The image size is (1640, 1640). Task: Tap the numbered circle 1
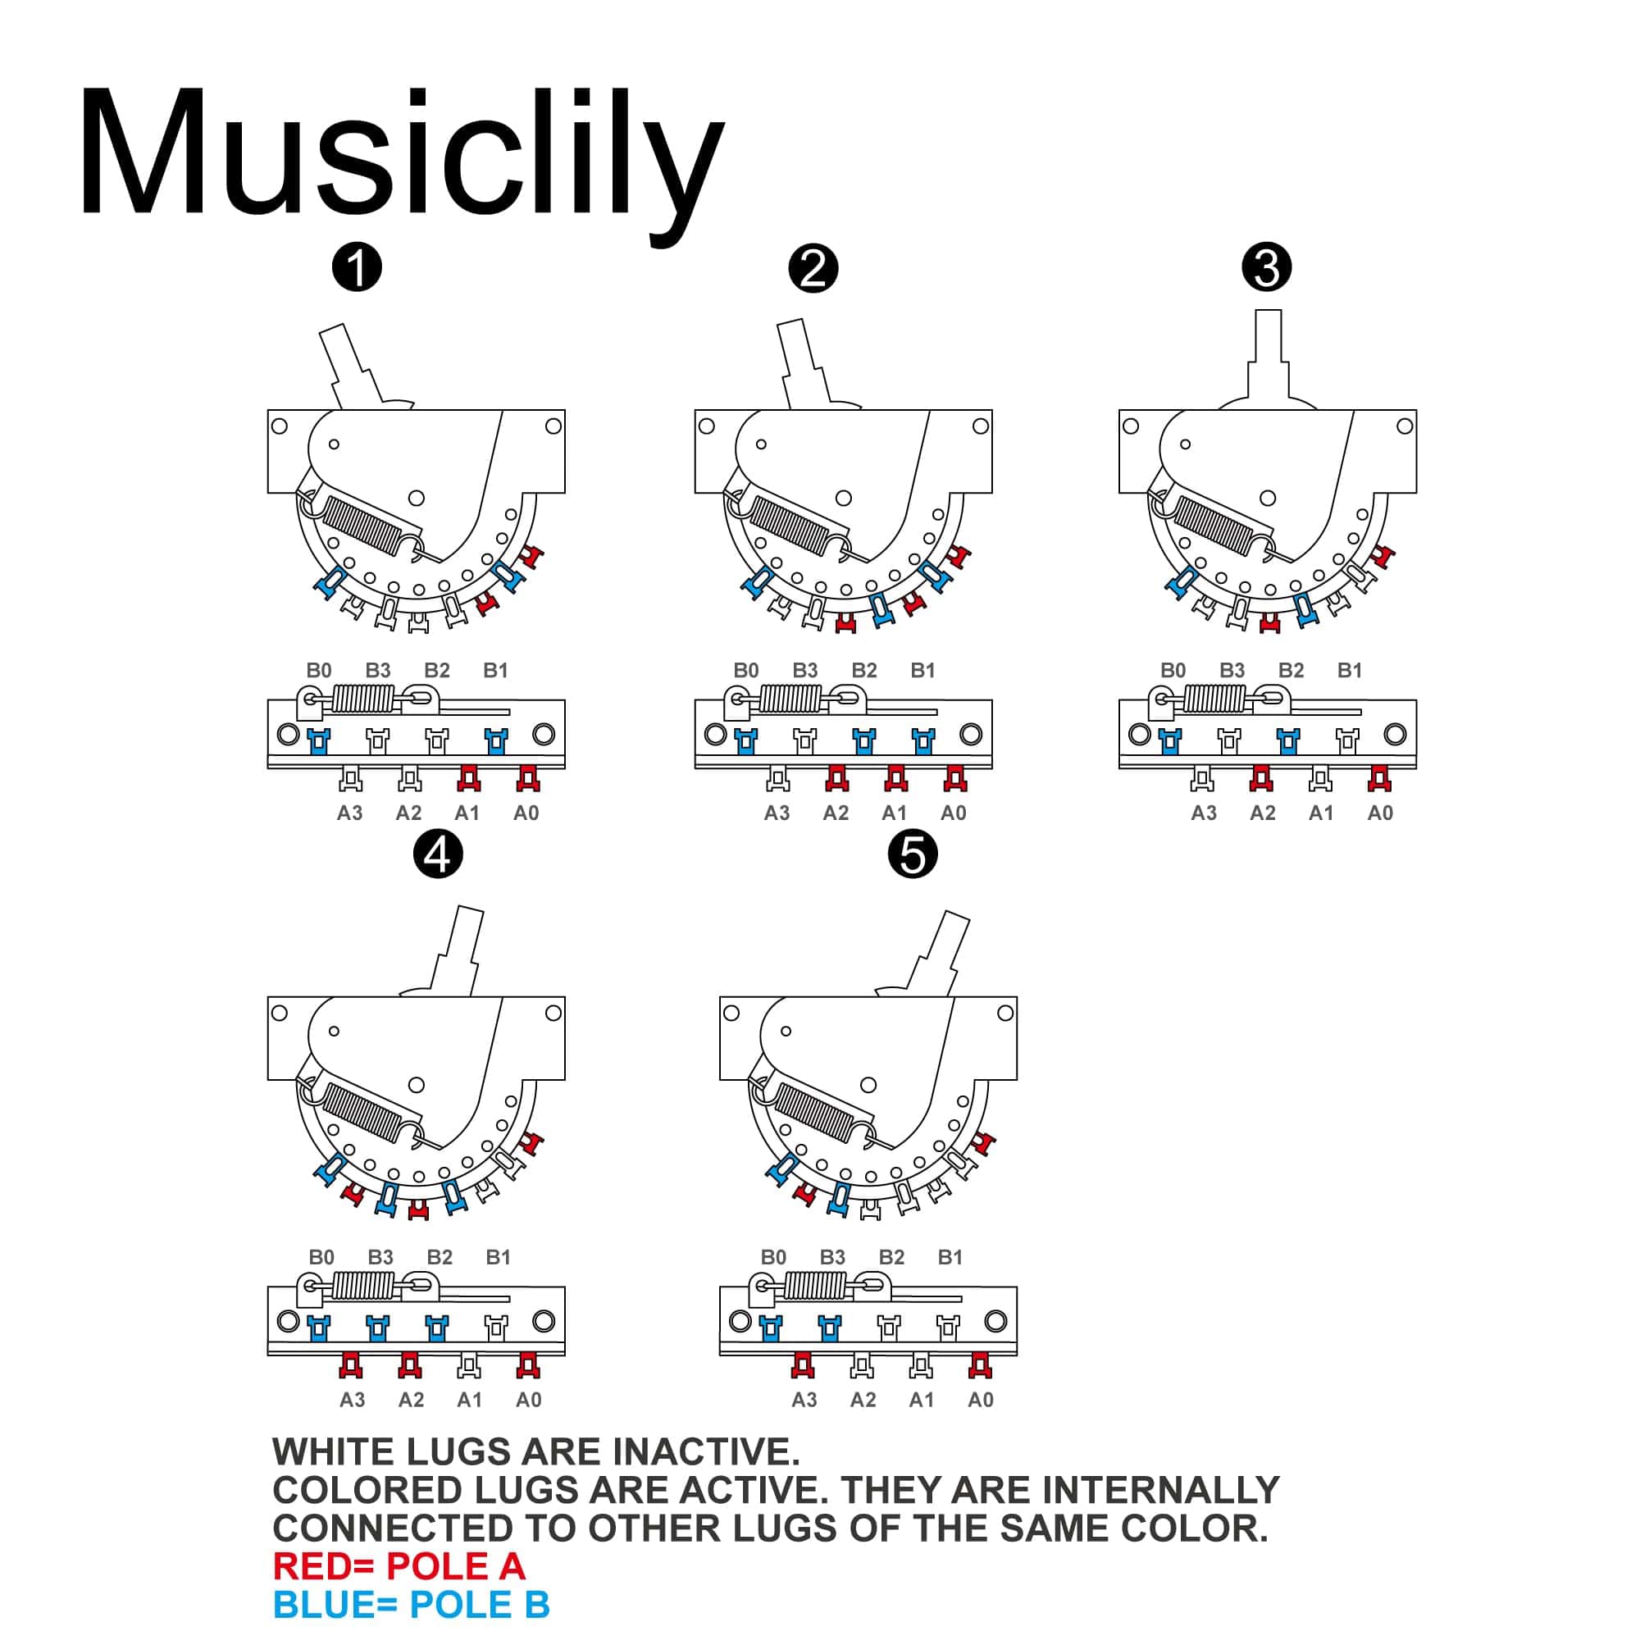point(358,268)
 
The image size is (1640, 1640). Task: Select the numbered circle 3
point(1267,268)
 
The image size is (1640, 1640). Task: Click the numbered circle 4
point(438,854)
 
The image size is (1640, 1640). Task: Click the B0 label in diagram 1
point(319,671)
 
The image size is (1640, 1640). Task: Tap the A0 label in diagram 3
point(1380,813)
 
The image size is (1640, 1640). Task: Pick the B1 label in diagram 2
point(922,671)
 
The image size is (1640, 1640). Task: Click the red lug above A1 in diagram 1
point(467,777)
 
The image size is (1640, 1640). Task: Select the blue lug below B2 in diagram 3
point(1287,741)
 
